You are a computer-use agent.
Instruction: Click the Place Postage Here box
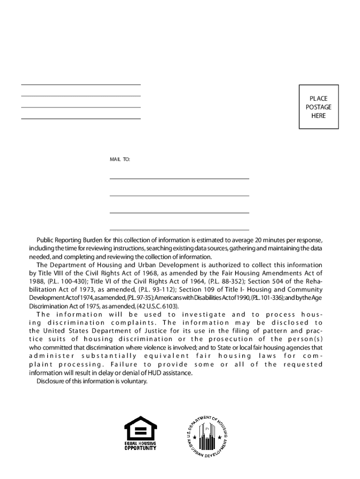tap(318, 107)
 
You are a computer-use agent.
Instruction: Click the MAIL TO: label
tap(120, 160)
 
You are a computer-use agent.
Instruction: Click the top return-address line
tap(81, 85)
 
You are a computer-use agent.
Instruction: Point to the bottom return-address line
tap(81, 119)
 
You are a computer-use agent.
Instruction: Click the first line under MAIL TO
tap(179, 179)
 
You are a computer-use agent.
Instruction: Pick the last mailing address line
tap(179, 230)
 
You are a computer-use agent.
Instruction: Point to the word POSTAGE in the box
tap(318, 107)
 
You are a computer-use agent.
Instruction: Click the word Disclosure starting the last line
tap(50, 381)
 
